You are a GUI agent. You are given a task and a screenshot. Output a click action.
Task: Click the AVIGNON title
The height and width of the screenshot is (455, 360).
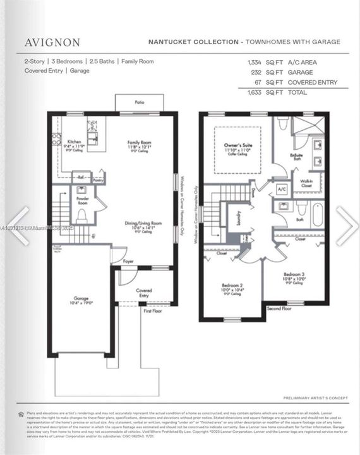coord(52,42)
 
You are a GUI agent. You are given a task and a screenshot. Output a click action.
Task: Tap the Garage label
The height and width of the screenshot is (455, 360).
coord(80,298)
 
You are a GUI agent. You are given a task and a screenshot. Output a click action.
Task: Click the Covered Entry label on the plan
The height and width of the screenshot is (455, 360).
coord(143,293)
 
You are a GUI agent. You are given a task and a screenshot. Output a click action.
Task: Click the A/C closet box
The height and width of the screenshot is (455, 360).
coord(282,188)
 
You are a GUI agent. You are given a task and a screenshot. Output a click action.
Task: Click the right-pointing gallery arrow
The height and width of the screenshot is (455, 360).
coord(346,226)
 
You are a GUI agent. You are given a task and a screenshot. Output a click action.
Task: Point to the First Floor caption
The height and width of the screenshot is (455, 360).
coord(152,311)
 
